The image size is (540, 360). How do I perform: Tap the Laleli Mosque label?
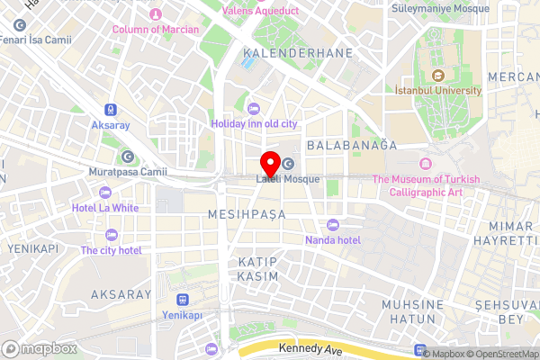[288, 179]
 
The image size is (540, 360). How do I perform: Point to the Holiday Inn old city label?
[254, 122]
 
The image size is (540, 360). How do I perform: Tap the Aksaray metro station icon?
[111, 106]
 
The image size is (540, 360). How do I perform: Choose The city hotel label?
[112, 249]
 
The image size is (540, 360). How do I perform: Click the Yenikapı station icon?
[183, 298]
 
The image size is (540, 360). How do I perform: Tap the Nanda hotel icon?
[333, 224]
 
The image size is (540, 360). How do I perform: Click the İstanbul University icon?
[438, 75]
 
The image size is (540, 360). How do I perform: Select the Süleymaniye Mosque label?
[441, 8]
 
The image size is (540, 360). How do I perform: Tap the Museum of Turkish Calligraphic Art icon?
[425, 164]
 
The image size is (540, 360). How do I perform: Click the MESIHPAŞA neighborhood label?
[246, 214]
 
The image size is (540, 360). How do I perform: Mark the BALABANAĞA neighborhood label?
[352, 144]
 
